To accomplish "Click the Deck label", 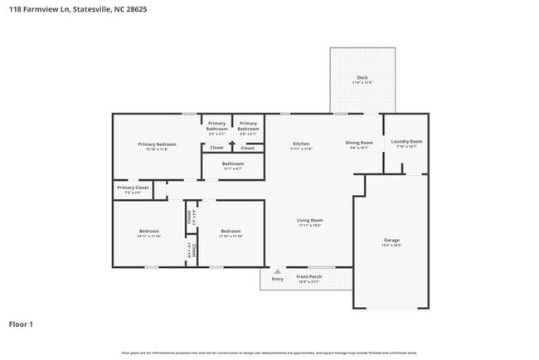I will click(x=362, y=78).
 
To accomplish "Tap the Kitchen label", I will click(x=301, y=144).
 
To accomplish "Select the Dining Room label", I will click(x=359, y=143).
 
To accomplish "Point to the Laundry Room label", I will click(x=406, y=142).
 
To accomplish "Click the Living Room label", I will click(x=309, y=220).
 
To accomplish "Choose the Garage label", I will click(x=391, y=240).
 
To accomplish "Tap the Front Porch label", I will click(x=309, y=276).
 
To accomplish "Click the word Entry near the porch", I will click(x=277, y=279).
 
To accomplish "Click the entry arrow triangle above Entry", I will click(x=277, y=271).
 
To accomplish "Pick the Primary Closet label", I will click(x=133, y=187).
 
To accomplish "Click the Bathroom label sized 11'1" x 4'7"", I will click(x=232, y=163).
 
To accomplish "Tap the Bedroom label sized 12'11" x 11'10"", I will click(x=149, y=231).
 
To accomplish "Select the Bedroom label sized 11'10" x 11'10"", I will click(x=231, y=231).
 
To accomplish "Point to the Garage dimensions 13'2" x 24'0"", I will click(x=391, y=246).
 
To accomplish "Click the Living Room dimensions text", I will click(x=309, y=225).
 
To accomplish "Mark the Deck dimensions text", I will click(x=362, y=83).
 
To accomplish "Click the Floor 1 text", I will click(x=22, y=324).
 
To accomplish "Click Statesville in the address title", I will click(x=85, y=10).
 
